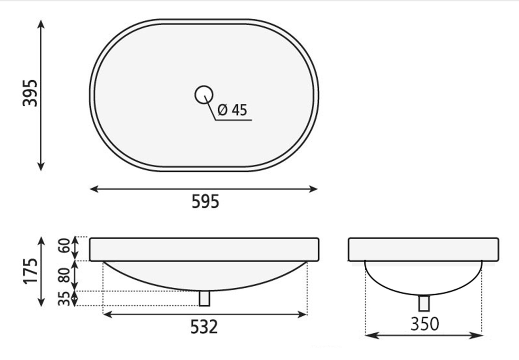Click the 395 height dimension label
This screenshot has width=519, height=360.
[x=30, y=93]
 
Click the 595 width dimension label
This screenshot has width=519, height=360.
[x=205, y=201]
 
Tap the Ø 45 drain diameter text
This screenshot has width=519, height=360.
[x=233, y=110]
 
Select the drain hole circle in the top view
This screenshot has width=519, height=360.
[x=204, y=94]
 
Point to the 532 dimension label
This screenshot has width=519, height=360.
[x=204, y=327]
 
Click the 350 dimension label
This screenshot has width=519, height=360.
[x=425, y=324]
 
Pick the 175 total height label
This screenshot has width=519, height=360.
[x=30, y=271]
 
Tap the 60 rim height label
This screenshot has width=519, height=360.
[x=64, y=245]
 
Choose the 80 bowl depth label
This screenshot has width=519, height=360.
[x=64, y=275]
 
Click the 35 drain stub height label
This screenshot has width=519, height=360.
[x=64, y=299]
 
